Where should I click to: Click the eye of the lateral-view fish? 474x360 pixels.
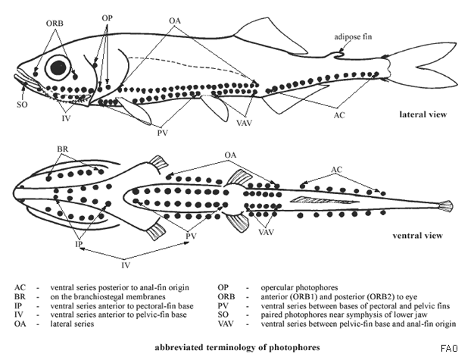click(58, 68)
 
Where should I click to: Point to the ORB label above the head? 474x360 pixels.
click(55, 22)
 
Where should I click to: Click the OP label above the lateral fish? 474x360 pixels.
click(108, 16)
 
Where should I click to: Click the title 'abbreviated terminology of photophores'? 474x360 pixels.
click(237, 346)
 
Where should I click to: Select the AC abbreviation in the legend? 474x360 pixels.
click(20, 288)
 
